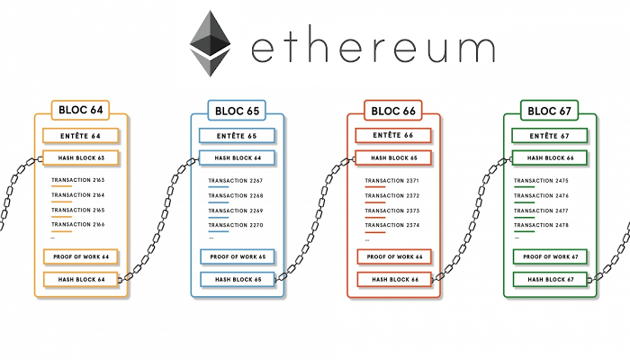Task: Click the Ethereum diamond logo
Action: (x=210, y=43)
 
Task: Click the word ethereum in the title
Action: (x=373, y=49)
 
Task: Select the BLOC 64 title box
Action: (x=80, y=110)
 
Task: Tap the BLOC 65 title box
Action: (x=237, y=111)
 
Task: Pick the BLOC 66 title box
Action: (x=393, y=111)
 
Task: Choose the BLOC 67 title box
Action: (x=549, y=111)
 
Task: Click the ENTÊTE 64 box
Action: (x=80, y=136)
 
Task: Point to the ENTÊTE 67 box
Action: (x=550, y=136)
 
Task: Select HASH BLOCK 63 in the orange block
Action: (x=81, y=157)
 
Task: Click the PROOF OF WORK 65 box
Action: (x=238, y=256)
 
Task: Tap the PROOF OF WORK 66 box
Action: (x=394, y=256)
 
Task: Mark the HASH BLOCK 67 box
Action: (x=551, y=279)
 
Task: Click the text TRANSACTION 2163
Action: (x=78, y=180)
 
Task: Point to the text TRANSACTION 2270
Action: (x=236, y=225)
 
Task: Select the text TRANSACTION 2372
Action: (x=392, y=195)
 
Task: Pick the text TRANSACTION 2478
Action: (x=541, y=225)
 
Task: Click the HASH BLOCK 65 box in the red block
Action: (x=393, y=157)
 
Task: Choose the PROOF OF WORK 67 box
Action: (x=551, y=256)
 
